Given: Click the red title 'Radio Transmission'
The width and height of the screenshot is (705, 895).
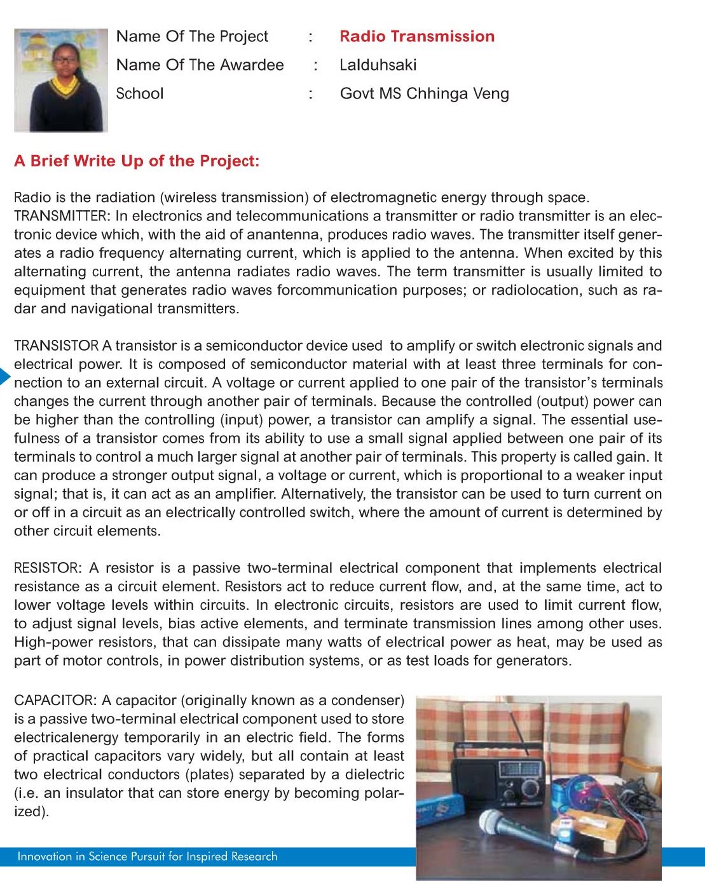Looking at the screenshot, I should pos(416,36).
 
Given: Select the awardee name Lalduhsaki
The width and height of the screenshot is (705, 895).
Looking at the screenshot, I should pos(378,65).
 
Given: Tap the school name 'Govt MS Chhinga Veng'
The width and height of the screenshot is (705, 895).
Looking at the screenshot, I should pos(424,93).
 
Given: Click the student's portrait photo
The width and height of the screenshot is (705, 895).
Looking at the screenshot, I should pos(61,80).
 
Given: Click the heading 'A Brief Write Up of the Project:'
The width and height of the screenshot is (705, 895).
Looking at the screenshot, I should pos(137,161).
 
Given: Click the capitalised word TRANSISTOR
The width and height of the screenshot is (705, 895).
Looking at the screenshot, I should pos(56,346).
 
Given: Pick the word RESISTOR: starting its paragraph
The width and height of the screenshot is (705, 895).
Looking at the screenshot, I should pos(48,568).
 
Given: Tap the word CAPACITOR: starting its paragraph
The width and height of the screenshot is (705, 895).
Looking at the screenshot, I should pos(55,700).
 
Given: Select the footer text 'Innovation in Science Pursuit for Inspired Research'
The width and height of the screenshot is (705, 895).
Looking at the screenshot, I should pos(147,856).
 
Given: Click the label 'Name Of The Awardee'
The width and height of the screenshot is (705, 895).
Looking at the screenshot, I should pos(200,65).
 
